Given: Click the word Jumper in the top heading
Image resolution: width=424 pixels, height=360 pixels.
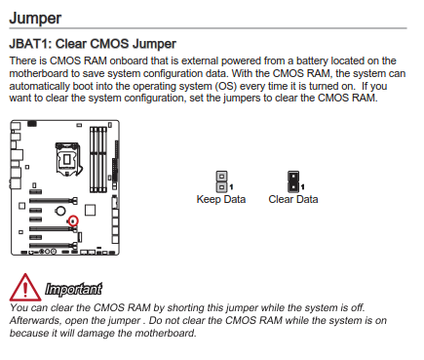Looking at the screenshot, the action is point(35,19).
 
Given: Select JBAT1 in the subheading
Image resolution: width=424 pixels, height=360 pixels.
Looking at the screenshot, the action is point(30,44).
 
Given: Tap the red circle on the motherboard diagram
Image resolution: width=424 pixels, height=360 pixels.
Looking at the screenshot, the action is point(73,220).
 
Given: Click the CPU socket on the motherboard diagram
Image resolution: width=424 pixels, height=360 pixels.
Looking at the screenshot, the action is point(68,159).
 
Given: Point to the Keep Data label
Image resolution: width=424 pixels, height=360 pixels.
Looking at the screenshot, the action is point(221,199).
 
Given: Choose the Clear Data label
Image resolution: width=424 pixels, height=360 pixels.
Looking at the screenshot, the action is point(293,199).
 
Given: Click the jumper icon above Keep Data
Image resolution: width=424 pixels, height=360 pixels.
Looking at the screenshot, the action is point(221,181).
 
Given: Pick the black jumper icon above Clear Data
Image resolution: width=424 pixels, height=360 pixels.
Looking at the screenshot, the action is point(293,181).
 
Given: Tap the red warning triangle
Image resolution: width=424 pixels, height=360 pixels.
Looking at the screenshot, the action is point(25,287).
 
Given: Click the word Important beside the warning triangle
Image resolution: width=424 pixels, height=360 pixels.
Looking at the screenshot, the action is point(73,289).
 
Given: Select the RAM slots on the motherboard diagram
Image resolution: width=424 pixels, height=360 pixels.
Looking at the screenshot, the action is point(98,159).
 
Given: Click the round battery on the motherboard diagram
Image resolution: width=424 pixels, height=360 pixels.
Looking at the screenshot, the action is point(60,211).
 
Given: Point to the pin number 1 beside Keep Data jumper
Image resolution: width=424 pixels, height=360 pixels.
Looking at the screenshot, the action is point(231,187).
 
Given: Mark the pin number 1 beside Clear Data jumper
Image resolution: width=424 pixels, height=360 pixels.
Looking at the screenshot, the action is point(303,187).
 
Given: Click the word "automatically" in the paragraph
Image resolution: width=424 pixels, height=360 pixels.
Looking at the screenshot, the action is point(39,86).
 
